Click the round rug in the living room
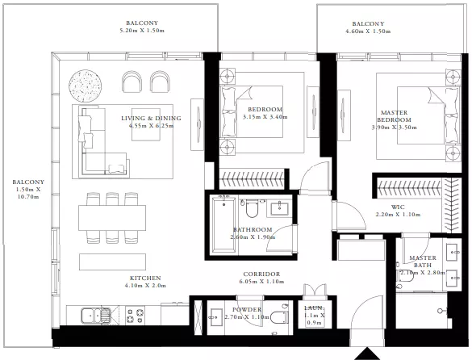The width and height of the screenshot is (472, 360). pos(86,86)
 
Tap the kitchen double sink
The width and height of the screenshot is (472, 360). pos(96,316)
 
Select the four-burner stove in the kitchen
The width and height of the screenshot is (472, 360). pos(135,316)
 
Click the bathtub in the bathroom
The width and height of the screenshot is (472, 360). pos(223,224)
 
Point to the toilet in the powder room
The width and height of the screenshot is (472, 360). pos(279,316)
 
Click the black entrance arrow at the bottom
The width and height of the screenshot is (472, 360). pos(366,354)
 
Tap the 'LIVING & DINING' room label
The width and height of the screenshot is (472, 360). pos(151,118)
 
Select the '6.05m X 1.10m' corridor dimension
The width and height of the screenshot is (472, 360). pos(261,282)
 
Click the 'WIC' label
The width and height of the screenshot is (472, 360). pos(398,207)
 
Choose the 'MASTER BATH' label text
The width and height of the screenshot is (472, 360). pos(423,262)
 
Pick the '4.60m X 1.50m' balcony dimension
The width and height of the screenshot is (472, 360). pos(368,31)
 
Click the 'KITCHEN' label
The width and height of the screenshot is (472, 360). pos(145,278)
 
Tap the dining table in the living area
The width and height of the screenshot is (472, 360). pos(112,218)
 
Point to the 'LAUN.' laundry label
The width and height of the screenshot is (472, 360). pos(314,308)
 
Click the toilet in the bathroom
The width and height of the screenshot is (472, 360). pos(252,209)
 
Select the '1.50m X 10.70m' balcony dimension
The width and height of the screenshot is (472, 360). pos(28,193)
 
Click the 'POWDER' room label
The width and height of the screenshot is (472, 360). pos(247,310)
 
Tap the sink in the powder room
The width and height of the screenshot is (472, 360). pos(216,317)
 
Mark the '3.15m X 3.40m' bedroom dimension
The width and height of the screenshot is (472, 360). pos(265,117)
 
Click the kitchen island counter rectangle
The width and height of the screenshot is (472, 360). pos(113,262)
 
